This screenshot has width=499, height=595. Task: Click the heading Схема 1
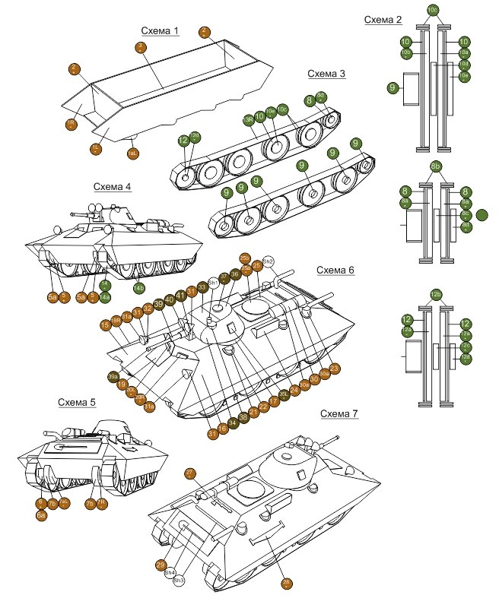tap(160, 31)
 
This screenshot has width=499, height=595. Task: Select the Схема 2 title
tap(383, 20)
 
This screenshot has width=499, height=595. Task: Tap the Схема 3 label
tap(326, 74)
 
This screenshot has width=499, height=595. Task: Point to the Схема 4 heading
tap(113, 186)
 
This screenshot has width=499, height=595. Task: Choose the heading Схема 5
tap(76, 401)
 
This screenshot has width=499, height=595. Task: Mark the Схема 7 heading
tap(339, 413)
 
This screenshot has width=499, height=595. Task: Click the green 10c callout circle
tap(433, 9)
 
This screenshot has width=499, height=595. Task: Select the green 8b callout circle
tap(436, 166)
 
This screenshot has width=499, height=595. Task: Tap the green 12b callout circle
tap(436, 293)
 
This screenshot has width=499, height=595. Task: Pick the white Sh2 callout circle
tap(268, 261)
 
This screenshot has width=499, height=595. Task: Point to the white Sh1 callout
tap(214, 283)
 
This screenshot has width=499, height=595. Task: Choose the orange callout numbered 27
tap(190, 473)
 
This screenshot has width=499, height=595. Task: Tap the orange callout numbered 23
tap(334, 369)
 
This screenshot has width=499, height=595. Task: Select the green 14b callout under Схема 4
tap(139, 287)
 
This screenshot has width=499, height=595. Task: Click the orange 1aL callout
tap(132, 153)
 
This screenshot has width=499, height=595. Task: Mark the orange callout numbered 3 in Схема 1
tap(141, 47)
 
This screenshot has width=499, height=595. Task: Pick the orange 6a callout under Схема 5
tap(42, 514)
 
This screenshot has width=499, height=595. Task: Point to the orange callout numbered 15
tap(105, 325)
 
